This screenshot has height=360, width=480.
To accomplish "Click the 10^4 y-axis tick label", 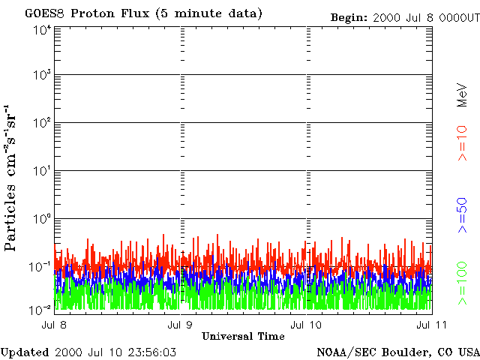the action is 42,31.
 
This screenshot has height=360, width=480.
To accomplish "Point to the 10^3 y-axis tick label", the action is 42,75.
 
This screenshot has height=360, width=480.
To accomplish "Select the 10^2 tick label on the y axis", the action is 42,123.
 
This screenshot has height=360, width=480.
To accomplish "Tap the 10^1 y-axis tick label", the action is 42,171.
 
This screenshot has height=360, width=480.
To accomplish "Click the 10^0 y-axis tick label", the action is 42,219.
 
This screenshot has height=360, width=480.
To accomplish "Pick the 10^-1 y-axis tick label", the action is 40,267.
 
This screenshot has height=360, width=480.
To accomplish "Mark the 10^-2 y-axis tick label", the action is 40,310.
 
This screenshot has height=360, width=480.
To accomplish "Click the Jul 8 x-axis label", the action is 54,325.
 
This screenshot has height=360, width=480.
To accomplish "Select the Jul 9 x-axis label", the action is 180,325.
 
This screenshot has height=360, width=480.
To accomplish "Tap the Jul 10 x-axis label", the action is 307,325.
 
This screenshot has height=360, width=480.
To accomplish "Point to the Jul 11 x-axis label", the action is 431,325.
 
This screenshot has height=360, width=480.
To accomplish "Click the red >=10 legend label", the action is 462,143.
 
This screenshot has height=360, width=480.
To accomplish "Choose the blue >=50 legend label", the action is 462,215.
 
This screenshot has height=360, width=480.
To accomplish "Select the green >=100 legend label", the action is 462,283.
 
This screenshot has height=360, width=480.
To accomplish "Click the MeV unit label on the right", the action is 462,95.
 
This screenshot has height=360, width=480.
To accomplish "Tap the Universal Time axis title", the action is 243,337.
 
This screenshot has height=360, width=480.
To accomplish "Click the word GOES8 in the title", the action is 45,13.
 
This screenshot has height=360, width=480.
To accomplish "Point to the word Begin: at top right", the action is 349,18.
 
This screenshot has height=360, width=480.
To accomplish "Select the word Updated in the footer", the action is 25,352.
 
